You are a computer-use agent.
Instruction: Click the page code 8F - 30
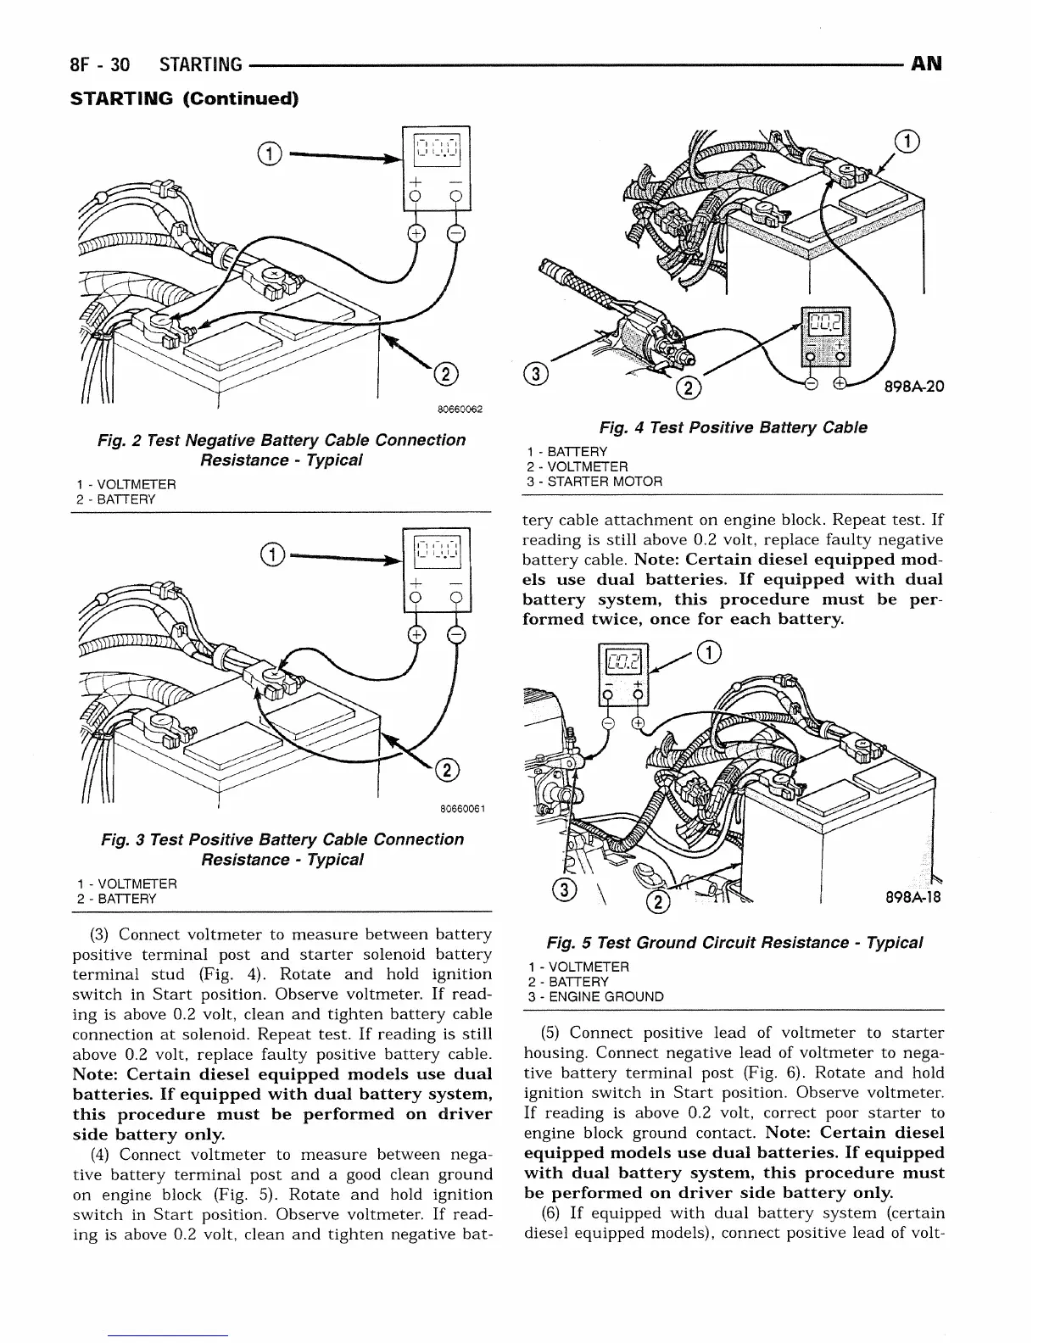click(100, 64)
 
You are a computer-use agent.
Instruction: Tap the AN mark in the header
click(925, 64)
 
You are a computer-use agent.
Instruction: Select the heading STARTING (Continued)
click(184, 98)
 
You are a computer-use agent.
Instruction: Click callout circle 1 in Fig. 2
click(268, 154)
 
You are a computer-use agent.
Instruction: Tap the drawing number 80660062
click(460, 410)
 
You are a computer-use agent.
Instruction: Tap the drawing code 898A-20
click(913, 387)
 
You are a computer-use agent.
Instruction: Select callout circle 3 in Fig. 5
click(561, 889)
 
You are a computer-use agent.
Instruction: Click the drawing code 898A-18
click(912, 897)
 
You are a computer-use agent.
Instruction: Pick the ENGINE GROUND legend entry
click(594, 997)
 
